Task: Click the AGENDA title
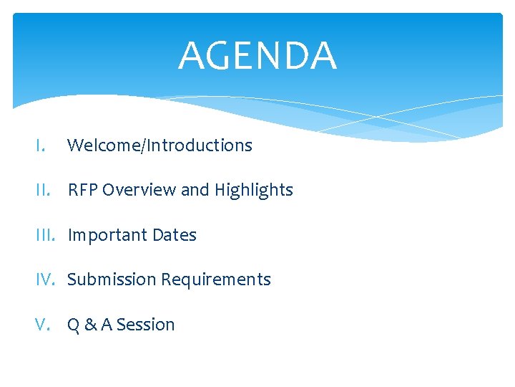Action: (257, 56)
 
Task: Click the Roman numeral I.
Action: (40, 145)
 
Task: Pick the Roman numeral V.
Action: (42, 325)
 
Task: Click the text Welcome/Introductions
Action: (160, 145)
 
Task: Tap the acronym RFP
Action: (82, 190)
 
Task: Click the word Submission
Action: (112, 279)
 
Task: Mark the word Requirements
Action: (216, 280)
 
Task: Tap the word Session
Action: (146, 325)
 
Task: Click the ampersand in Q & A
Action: (91, 325)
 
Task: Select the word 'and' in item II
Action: (195, 190)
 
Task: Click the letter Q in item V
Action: (74, 325)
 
